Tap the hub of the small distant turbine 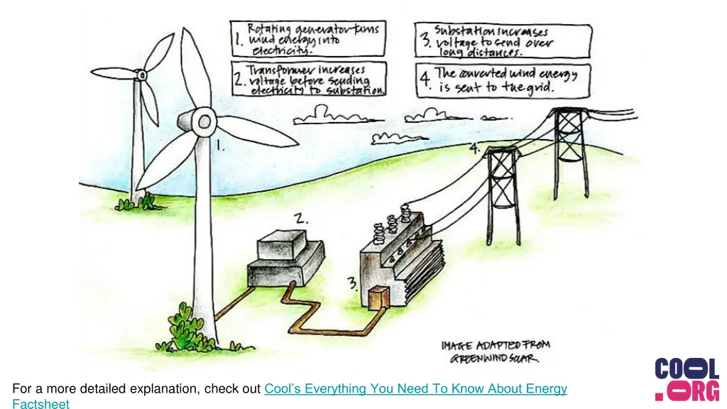pos(142,74)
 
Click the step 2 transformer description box pos(308,79)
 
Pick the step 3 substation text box pos(503,40)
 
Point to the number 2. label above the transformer pos(302,219)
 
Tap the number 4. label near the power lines pos(474,148)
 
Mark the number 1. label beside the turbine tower pos(222,147)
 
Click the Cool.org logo pos(687,380)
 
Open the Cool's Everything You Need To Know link pos(415,388)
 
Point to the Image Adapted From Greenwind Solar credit pos(496,351)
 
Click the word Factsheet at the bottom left pos(40,404)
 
